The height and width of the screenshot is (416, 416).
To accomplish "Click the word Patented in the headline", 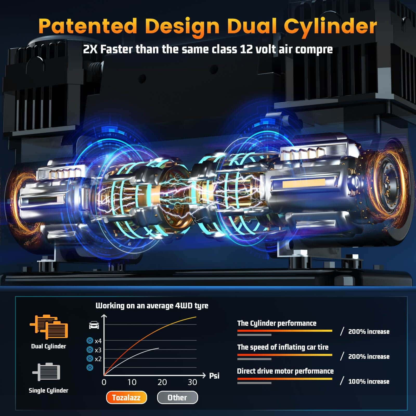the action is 88,26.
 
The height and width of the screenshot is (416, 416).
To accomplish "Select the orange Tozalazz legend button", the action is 126,398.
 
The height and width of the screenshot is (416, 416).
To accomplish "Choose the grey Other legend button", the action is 177,398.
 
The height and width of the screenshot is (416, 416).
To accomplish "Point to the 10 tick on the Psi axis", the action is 132,382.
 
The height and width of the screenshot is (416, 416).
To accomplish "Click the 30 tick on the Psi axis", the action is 192,382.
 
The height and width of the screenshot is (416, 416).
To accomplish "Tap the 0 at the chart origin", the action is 104,382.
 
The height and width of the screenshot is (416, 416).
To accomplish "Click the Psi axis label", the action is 214,375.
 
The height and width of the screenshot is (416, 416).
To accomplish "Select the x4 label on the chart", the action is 98,341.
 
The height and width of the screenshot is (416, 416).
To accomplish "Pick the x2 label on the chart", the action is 98,359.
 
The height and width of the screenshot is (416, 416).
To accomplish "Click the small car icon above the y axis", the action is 94,325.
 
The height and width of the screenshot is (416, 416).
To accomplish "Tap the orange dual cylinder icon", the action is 49,327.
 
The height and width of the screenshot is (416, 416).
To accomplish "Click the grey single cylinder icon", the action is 46,372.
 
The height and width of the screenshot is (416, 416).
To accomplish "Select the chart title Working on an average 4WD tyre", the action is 152,306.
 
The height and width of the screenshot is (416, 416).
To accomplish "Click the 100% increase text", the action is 369,381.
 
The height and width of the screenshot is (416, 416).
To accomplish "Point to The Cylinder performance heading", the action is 277,323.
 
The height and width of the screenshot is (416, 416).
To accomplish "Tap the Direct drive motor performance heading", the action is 285,371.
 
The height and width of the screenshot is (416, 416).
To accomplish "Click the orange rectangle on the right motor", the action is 304,183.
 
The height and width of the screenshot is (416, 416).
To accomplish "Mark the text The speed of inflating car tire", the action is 283,347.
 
